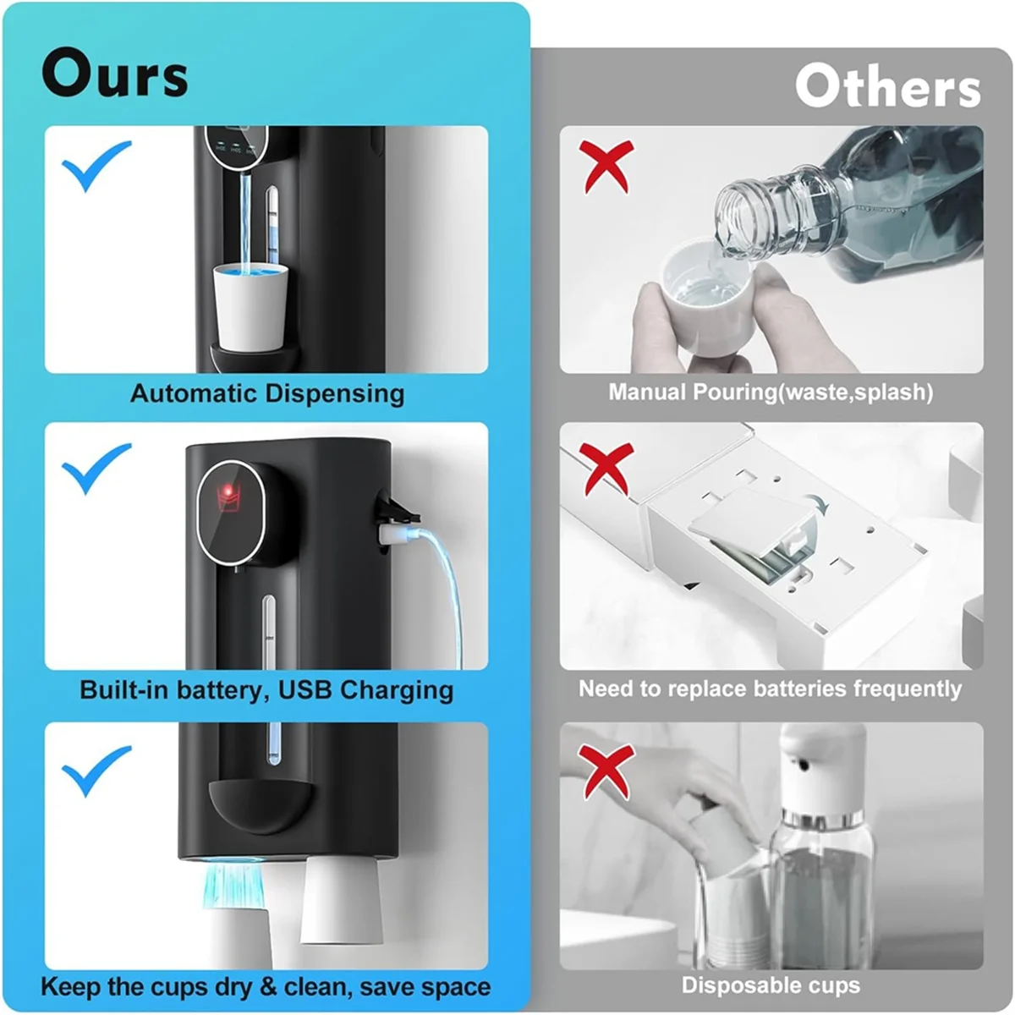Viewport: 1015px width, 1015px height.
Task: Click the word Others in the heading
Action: pyautogui.click(x=887, y=87)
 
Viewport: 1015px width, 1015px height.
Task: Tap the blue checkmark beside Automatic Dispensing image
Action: pyautogui.click(x=96, y=165)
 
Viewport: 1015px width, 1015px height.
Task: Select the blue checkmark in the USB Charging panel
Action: pyautogui.click(x=96, y=467)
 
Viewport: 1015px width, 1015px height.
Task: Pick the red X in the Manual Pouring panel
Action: pyautogui.click(x=606, y=166)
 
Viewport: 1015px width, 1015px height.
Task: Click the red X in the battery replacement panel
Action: pyautogui.click(x=606, y=467)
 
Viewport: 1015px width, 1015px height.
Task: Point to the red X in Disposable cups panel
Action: pyautogui.click(x=606, y=770)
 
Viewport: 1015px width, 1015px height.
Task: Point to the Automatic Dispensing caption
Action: pyautogui.click(x=267, y=393)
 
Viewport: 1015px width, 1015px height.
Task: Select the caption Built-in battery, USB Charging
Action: pyautogui.click(x=266, y=689)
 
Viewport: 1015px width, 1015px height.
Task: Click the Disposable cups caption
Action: pyautogui.click(x=771, y=985)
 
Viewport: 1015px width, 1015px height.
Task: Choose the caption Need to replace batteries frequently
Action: pyautogui.click(x=770, y=689)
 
